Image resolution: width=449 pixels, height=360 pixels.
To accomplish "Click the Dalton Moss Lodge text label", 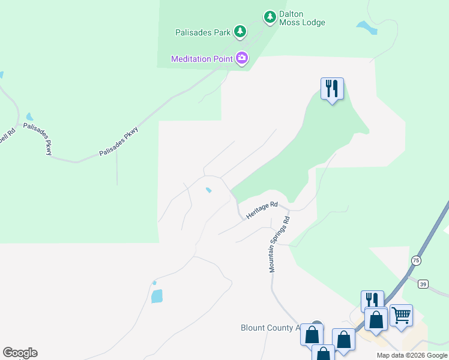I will tap(302, 18).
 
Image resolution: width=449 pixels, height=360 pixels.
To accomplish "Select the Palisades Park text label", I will tap(203, 32).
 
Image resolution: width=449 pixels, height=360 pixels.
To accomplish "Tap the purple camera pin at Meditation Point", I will tap(242, 58).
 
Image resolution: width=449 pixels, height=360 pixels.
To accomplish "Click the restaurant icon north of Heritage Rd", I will tap(332, 89).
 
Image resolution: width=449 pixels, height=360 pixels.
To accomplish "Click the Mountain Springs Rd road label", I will tap(279, 244).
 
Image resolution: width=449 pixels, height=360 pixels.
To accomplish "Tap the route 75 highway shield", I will tap(415, 260).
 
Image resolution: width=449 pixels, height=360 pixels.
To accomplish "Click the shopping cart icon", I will tap(401, 315).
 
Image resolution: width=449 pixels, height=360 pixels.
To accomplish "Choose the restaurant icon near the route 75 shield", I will tap(372, 301).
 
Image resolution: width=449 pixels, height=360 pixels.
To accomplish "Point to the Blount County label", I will tap(269, 328).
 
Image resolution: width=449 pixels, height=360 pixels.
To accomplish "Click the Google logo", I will tap(20, 353).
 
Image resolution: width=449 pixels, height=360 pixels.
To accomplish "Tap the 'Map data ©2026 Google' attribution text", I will tap(411, 355).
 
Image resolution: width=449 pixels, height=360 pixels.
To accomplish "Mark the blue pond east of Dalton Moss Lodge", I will tap(366, 27).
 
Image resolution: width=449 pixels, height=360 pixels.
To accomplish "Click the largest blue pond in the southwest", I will tap(157, 296).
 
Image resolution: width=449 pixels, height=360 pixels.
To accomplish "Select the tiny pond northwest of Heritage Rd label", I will tap(208, 191).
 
